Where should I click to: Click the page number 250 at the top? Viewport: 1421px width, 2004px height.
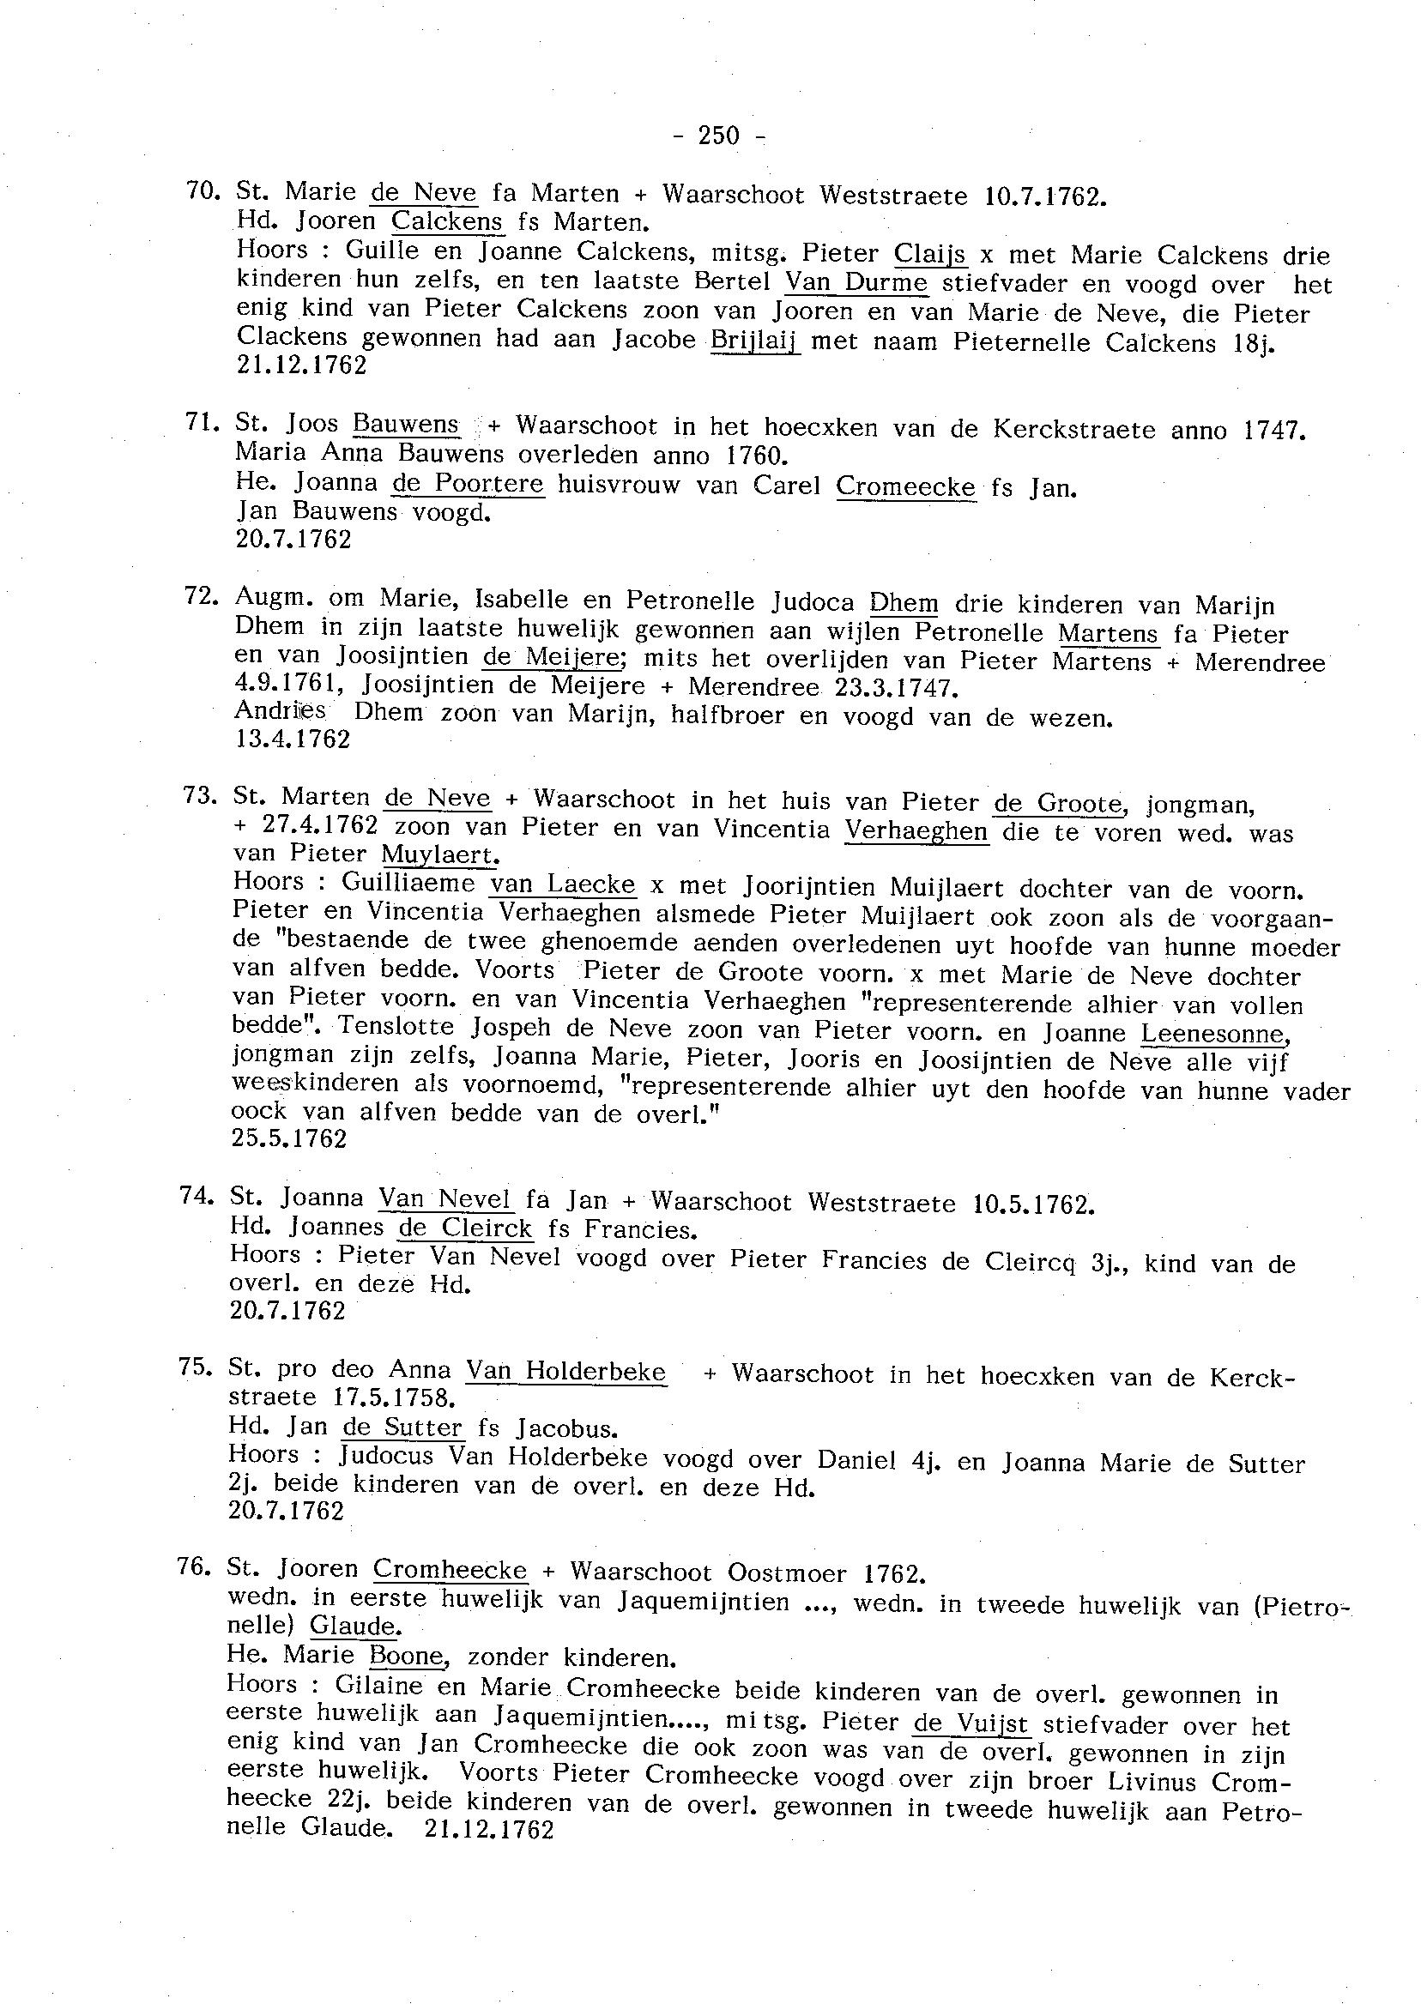[x=719, y=135]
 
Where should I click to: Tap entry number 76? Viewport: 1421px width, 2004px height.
[x=194, y=1565]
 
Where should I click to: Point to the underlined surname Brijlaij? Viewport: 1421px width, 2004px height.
[x=755, y=341]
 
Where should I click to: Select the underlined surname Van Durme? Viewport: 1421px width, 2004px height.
[x=856, y=283]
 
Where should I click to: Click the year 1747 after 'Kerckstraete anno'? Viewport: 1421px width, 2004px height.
[x=1274, y=430]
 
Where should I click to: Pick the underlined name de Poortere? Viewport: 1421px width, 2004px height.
[x=469, y=483]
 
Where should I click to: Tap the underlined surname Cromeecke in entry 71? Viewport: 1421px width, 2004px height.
[x=905, y=486]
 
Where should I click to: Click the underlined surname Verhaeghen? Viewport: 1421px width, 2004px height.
[x=916, y=830]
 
